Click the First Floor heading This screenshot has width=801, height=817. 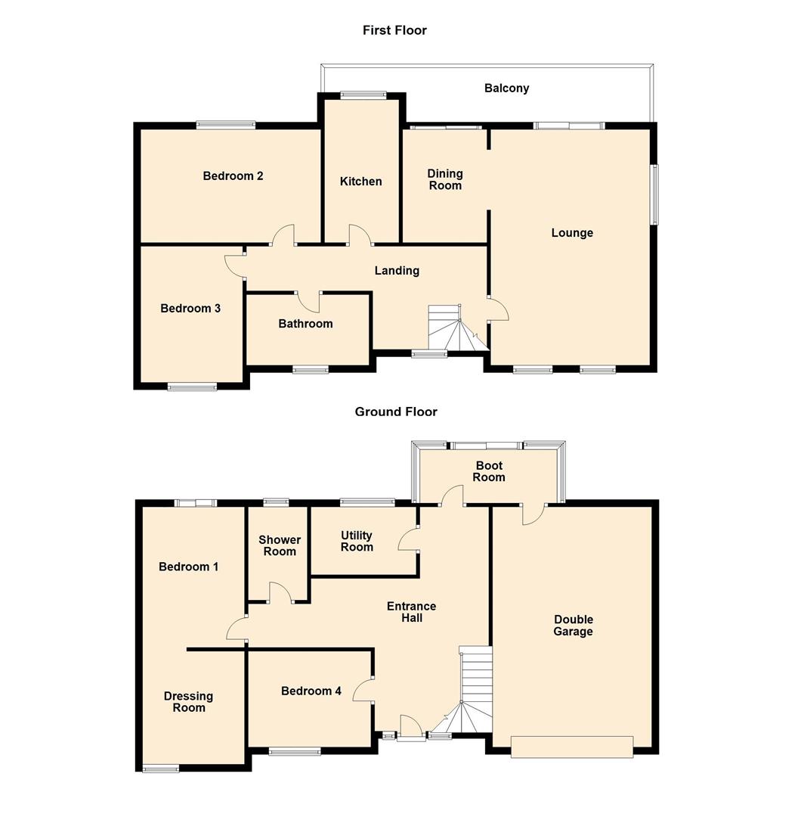click(x=394, y=30)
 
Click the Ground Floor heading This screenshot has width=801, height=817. click(x=396, y=412)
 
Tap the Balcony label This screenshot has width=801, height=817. click(x=506, y=88)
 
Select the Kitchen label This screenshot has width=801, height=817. click(x=360, y=182)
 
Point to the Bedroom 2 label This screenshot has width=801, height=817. click(x=233, y=176)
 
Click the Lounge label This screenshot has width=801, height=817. click(x=571, y=233)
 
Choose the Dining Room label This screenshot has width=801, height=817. click(x=445, y=179)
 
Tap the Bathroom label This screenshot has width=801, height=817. click(x=305, y=324)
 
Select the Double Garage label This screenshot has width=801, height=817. click(x=573, y=626)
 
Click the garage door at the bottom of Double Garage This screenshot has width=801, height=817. click(x=571, y=747)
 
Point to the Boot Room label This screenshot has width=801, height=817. click(x=489, y=471)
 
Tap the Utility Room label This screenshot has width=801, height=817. click(x=357, y=542)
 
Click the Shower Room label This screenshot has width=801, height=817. click(x=279, y=545)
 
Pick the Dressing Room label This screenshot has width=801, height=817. click(x=188, y=702)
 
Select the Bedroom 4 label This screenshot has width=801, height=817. click(x=311, y=691)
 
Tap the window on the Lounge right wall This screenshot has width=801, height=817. click(x=654, y=194)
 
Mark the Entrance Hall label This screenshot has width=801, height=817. click(x=411, y=612)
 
